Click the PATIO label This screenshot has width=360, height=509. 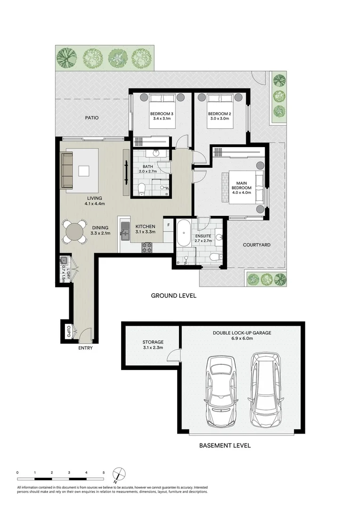point(91,118)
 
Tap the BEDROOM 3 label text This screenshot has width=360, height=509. point(162,114)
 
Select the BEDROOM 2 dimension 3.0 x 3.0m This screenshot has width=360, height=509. point(219,119)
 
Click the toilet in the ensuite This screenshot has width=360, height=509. point(215,257)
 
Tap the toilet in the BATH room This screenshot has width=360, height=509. point(142,189)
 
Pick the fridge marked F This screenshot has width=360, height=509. point(168,225)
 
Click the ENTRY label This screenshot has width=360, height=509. point(86,348)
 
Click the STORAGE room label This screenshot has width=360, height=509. point(153,343)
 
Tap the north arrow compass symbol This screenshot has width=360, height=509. point(119,473)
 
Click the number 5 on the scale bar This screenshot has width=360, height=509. point(104,472)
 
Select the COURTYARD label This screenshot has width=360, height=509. point(256,245)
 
